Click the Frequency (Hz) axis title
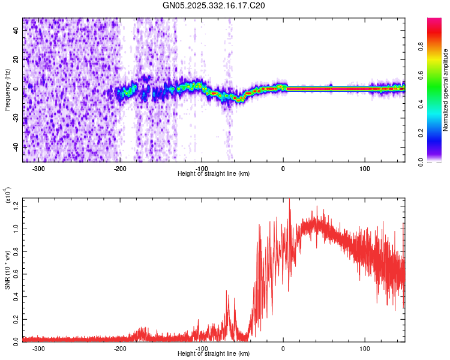pyautogui.click(x=7, y=90)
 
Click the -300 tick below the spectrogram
pyautogui.click(x=39, y=169)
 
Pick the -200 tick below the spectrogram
pyautogui.click(x=120, y=169)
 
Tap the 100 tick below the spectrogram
pyautogui.click(x=364, y=169)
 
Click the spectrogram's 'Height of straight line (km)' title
pyautogui.click(x=214, y=174)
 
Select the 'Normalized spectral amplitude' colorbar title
pyautogui.click(x=446, y=90)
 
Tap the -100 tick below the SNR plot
pyautogui.click(x=202, y=348)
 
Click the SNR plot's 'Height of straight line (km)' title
pyautogui.click(x=214, y=354)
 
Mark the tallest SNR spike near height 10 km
pyautogui.click(x=290, y=199)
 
